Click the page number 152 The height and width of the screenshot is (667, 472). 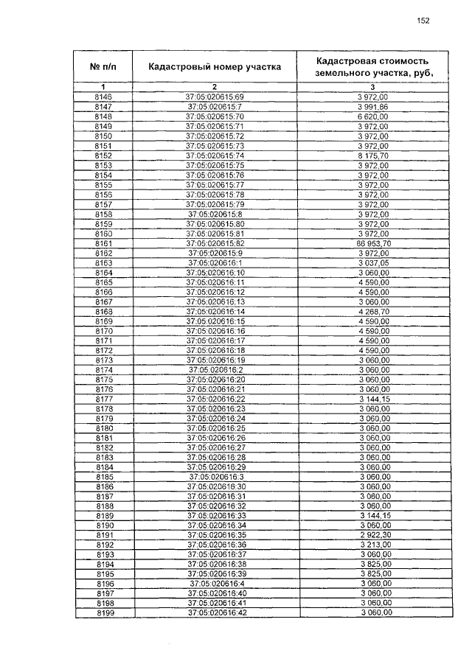tap(423, 21)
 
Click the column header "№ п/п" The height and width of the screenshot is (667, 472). tap(103, 66)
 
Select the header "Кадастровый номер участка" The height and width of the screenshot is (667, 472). tap(215, 66)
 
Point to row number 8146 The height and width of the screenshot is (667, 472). tap(104, 97)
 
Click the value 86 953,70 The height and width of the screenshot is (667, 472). tap(372, 242)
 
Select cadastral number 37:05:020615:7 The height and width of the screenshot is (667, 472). tap(215, 107)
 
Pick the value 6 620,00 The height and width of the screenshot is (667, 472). tap(372, 116)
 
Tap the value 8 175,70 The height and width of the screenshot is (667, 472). tap(372, 156)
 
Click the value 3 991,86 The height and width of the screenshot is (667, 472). tap(372, 107)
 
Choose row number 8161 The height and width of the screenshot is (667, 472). tap(104, 242)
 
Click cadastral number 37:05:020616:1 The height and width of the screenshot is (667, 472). tap(215, 262)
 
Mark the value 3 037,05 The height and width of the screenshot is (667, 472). tap(372, 262)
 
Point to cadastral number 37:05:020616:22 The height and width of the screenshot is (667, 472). tap(215, 398)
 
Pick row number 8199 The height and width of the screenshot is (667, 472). tap(104, 612)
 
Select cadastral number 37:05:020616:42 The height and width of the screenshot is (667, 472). tap(215, 612)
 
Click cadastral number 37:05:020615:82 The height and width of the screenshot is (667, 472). tap(215, 242)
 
